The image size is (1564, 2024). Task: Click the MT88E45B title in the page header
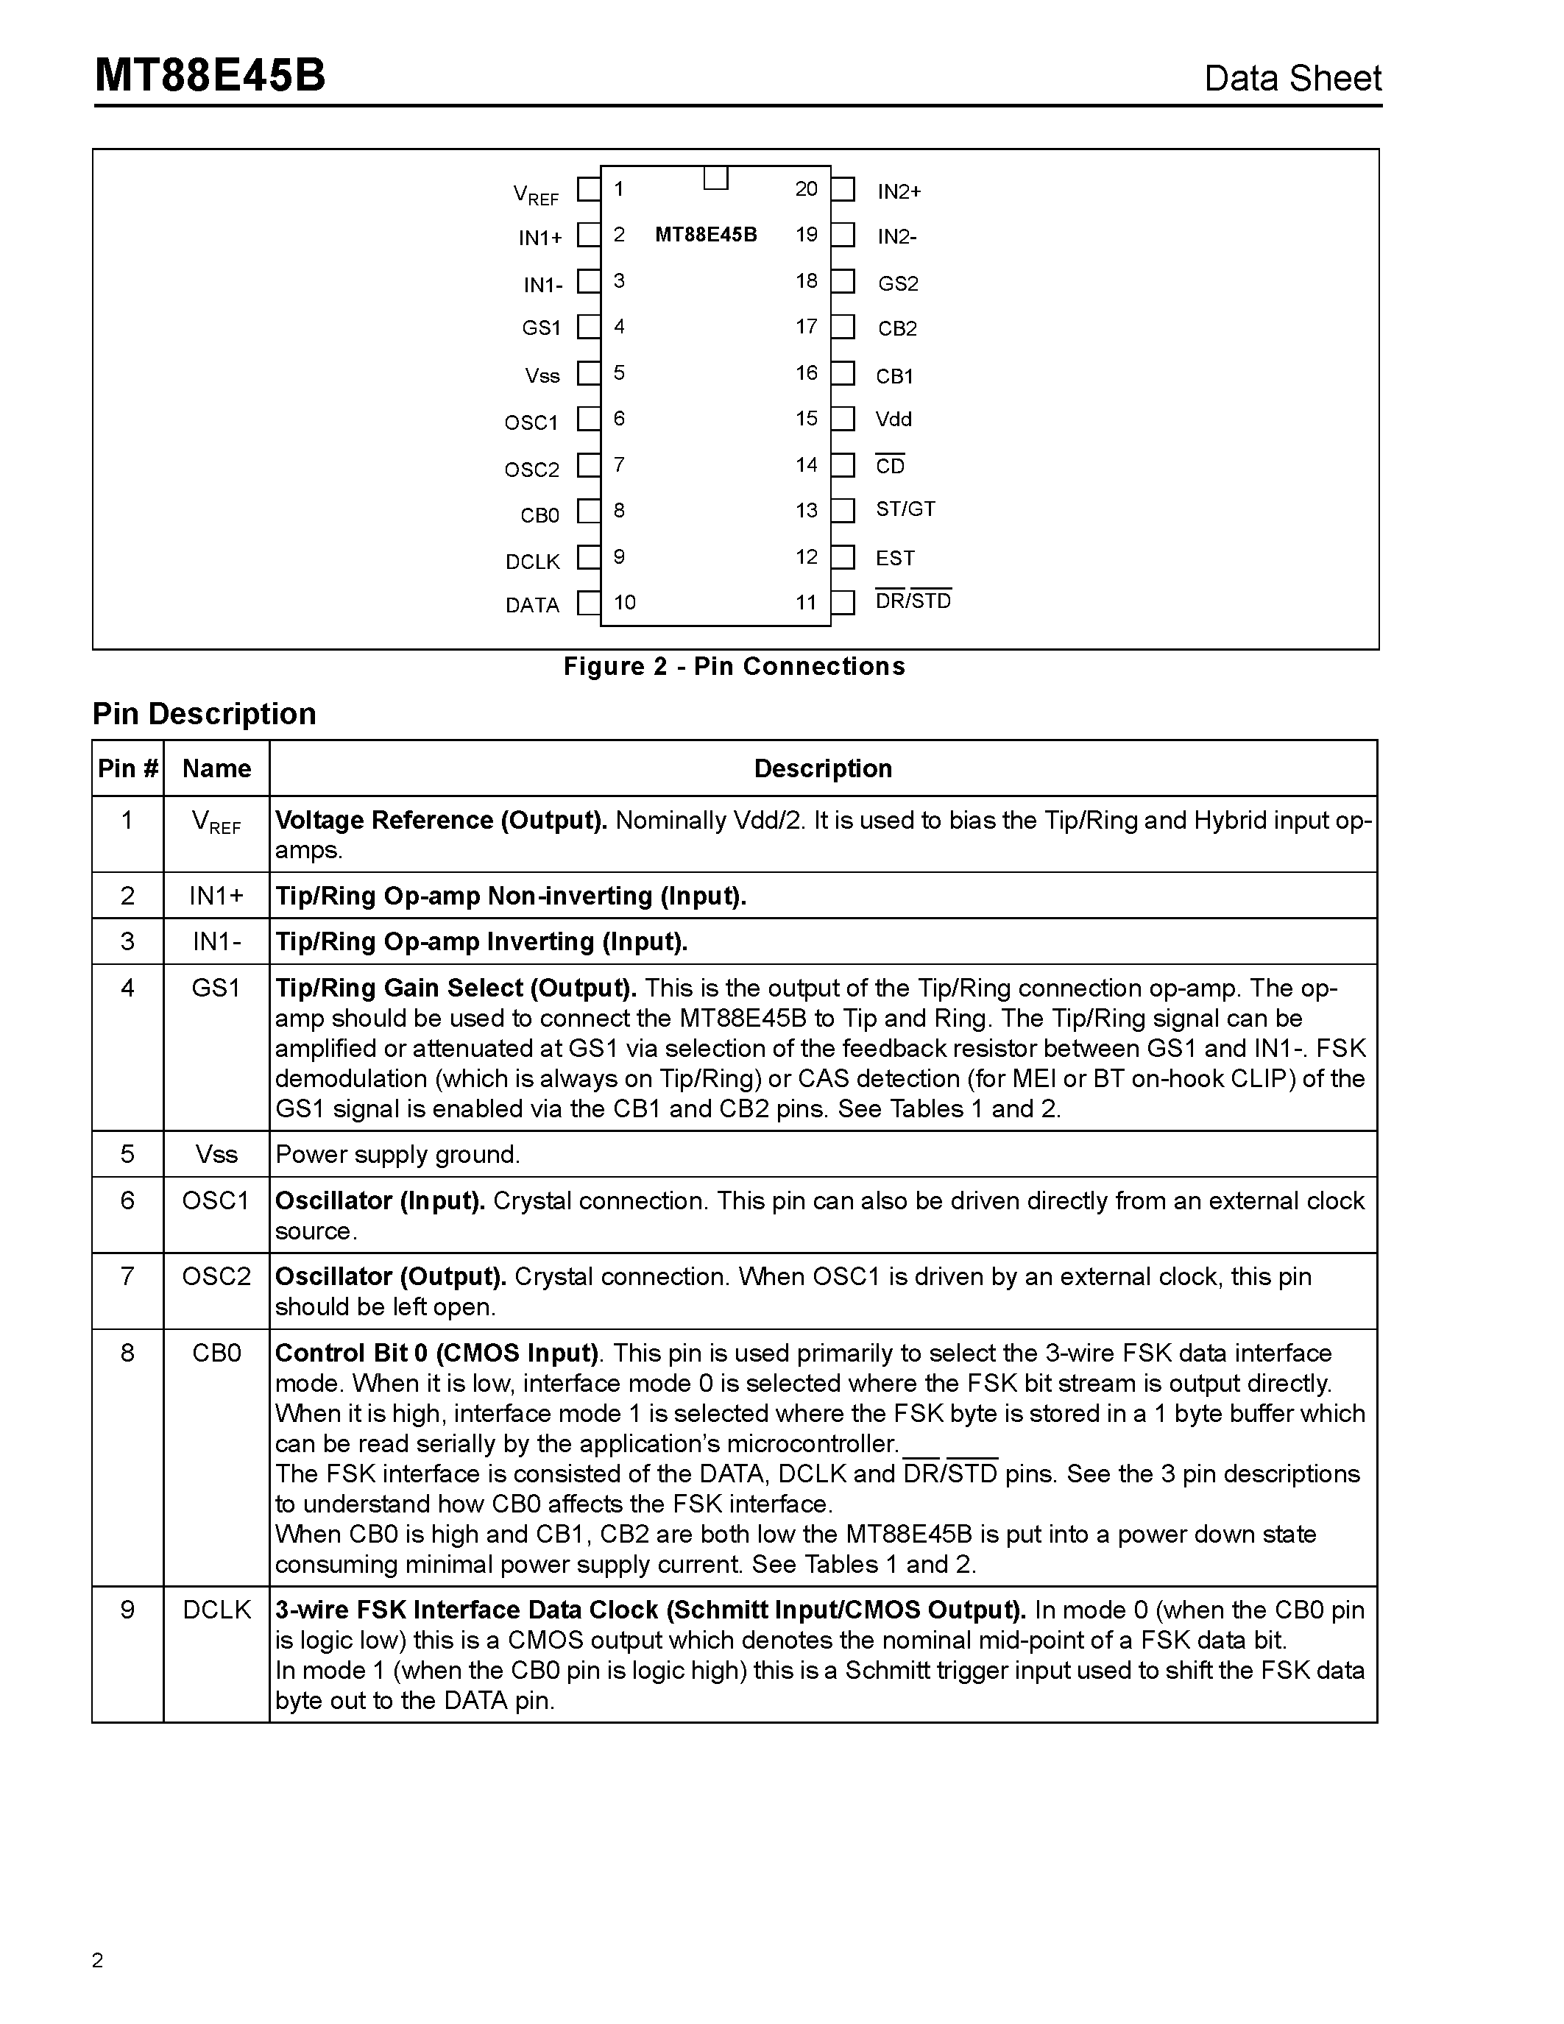coord(210,76)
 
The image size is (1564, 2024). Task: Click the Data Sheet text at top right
coord(1292,79)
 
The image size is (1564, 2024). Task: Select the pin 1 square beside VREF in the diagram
coord(587,190)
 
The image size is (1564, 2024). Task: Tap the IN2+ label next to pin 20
coord(899,192)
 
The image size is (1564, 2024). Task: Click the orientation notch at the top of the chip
coord(715,178)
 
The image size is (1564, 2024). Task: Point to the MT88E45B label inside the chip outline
coord(706,235)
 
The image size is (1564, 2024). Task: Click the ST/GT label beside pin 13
coord(905,509)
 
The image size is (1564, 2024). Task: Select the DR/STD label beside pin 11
coord(913,601)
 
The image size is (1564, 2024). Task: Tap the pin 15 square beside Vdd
coord(842,419)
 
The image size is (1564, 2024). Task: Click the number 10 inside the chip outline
coord(624,602)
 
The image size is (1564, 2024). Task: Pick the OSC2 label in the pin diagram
coord(532,470)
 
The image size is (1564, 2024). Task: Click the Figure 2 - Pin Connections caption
coord(734,666)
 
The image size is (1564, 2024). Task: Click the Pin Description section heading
coord(204,714)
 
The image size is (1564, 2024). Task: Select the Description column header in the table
coord(823,768)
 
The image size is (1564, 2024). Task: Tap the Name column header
coord(216,768)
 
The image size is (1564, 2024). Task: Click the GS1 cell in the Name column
coord(216,988)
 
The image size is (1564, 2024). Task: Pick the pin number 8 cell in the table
coord(128,1353)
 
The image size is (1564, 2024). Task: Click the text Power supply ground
coord(397,1155)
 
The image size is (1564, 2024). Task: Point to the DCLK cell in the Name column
coord(216,1610)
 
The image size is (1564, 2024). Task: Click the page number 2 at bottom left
coord(98,1960)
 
